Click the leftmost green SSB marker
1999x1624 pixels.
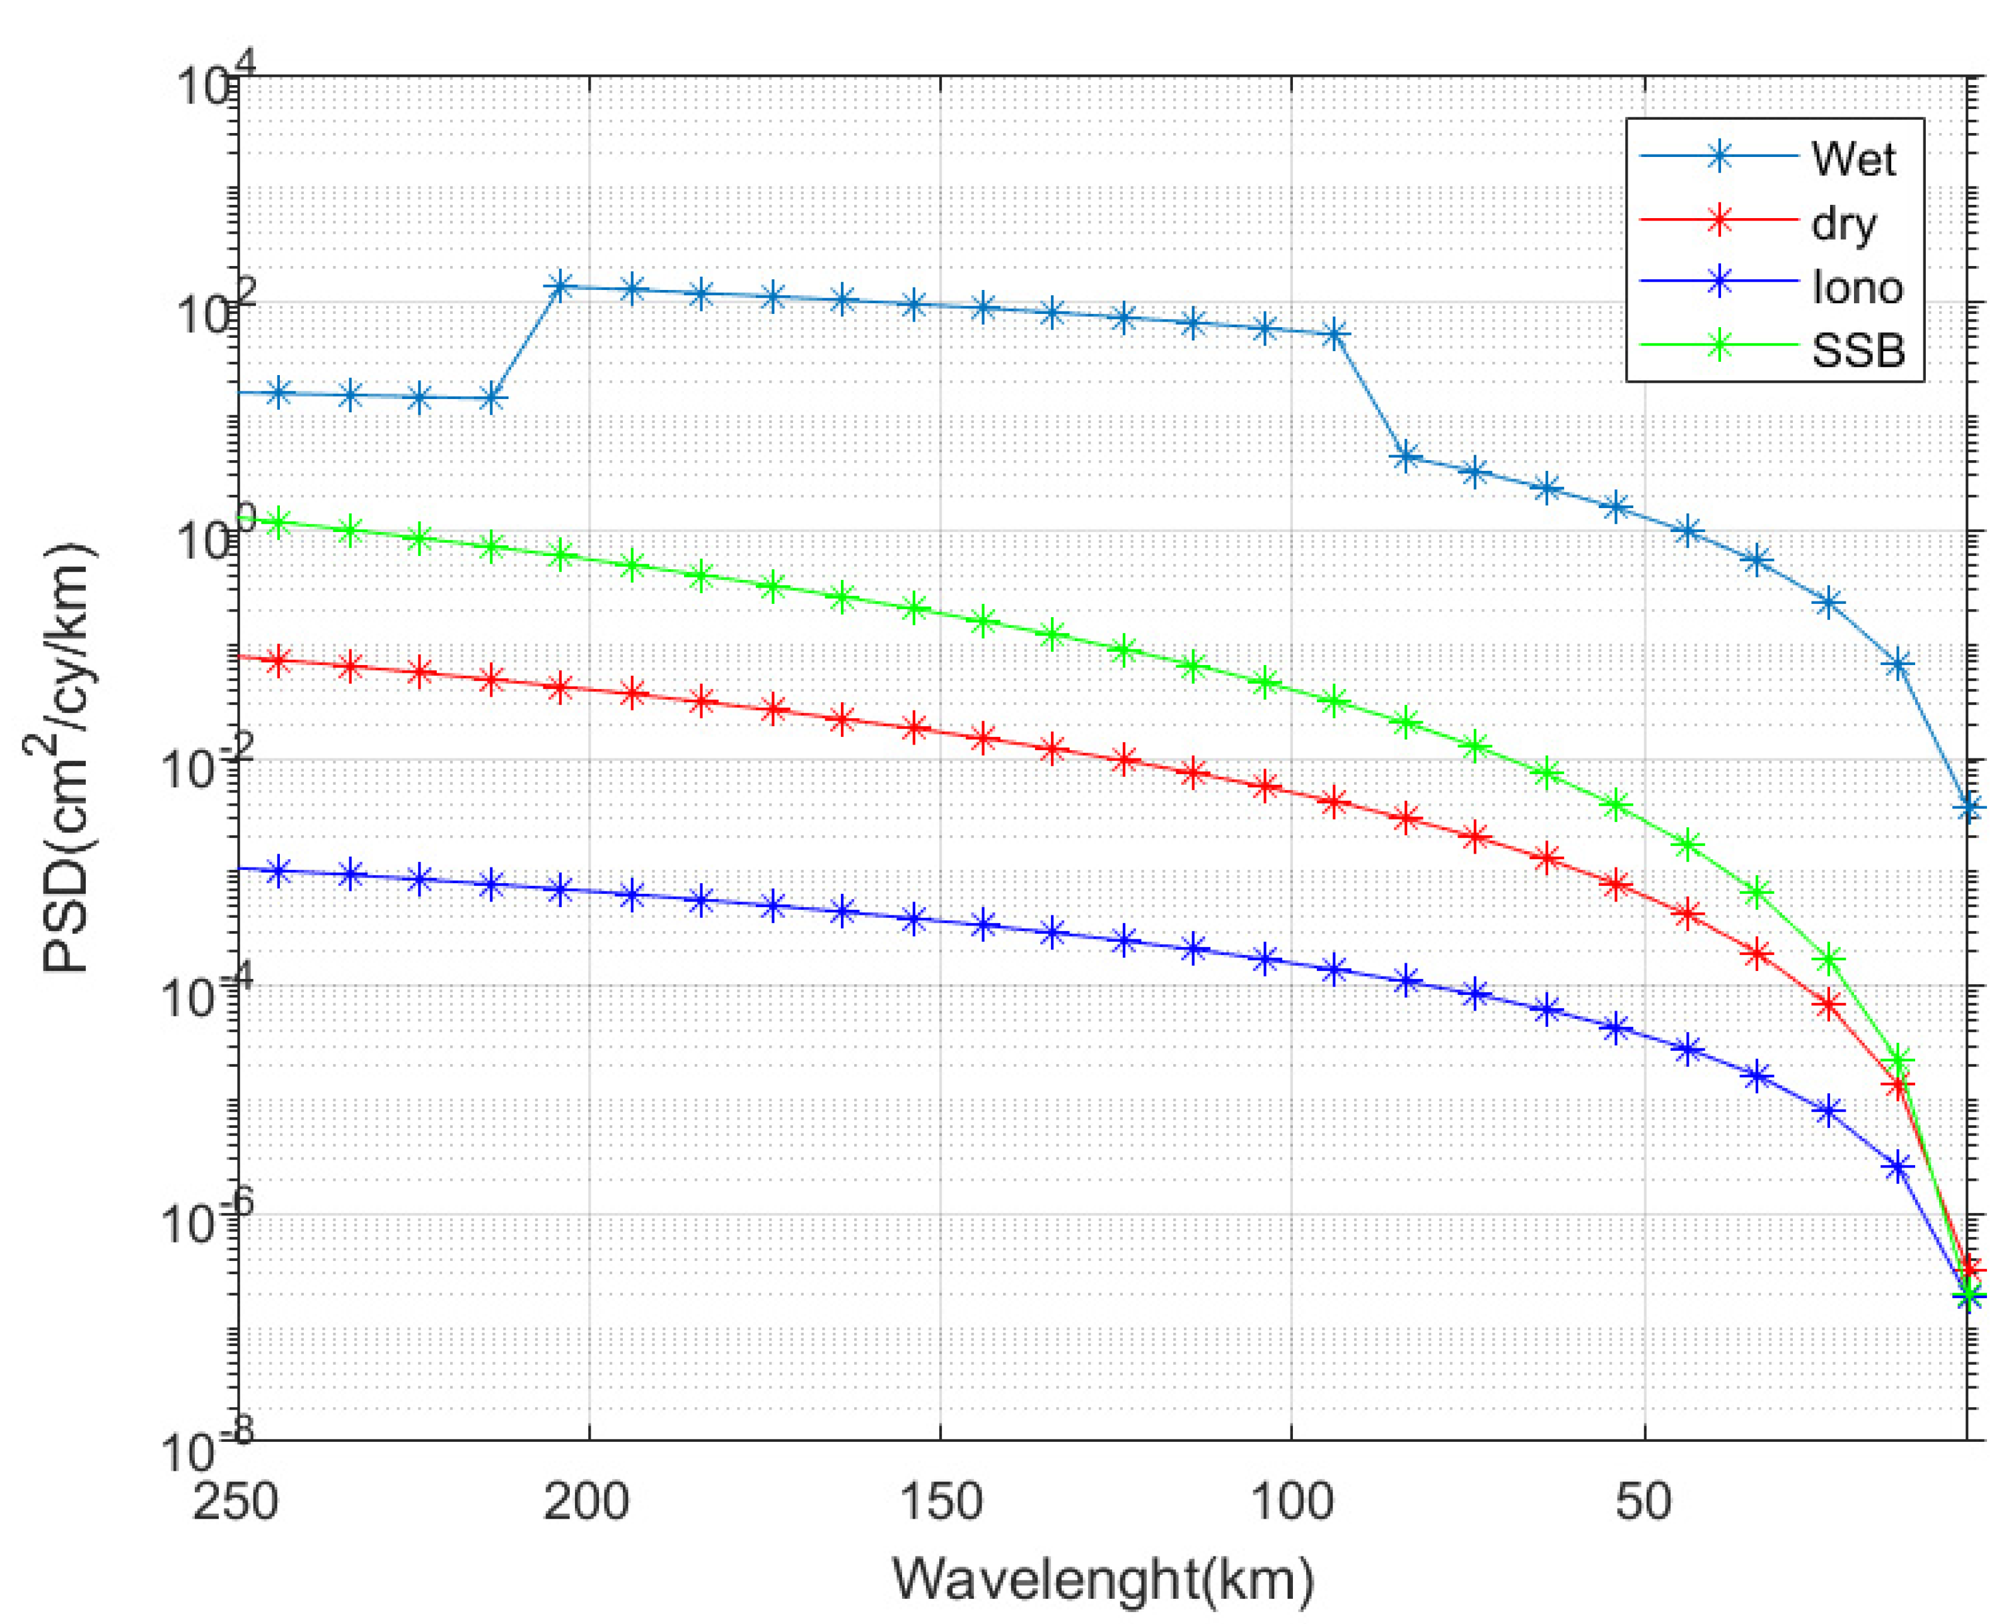(278, 523)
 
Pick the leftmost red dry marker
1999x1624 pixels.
(278, 661)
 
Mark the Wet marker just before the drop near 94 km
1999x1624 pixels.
(1336, 333)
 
